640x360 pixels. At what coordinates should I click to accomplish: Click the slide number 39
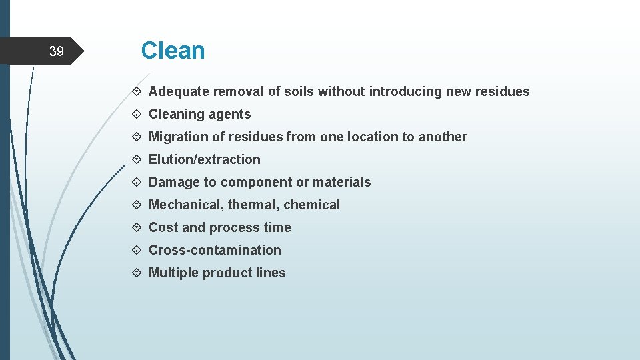(x=57, y=51)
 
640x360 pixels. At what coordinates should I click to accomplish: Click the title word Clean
(x=173, y=51)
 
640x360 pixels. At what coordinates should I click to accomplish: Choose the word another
(x=443, y=137)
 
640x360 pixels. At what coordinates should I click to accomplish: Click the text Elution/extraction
(x=204, y=160)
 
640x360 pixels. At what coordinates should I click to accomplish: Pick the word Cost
(x=163, y=228)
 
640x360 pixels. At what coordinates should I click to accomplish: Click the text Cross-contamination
(x=215, y=251)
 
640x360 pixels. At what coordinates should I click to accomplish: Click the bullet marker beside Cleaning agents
(x=136, y=115)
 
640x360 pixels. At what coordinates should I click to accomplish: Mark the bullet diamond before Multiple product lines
(x=136, y=273)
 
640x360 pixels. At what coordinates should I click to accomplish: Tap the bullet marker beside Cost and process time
(x=136, y=228)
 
